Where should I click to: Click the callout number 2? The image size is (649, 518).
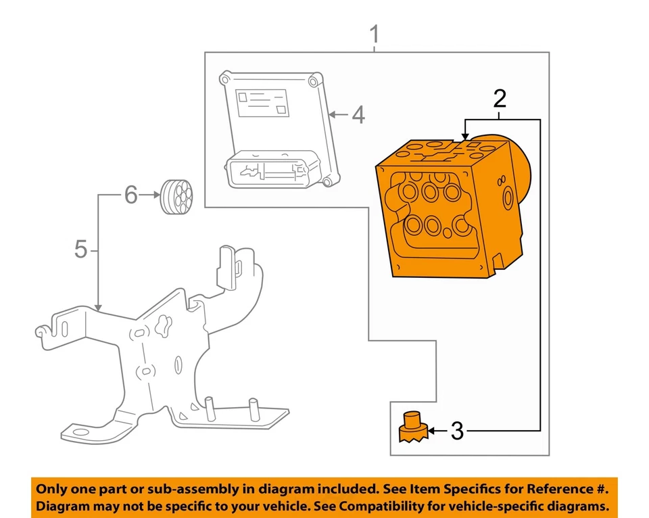click(500, 99)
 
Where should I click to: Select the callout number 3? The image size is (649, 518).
click(457, 431)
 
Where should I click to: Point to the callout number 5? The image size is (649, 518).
click(81, 250)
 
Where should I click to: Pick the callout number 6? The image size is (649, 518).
click(130, 196)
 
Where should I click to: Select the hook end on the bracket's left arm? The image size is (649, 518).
click(41, 331)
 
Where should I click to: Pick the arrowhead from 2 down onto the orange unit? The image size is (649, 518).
click(465, 137)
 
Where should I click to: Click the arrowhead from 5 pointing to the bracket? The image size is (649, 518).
click(99, 307)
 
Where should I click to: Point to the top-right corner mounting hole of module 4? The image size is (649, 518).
click(312, 82)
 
